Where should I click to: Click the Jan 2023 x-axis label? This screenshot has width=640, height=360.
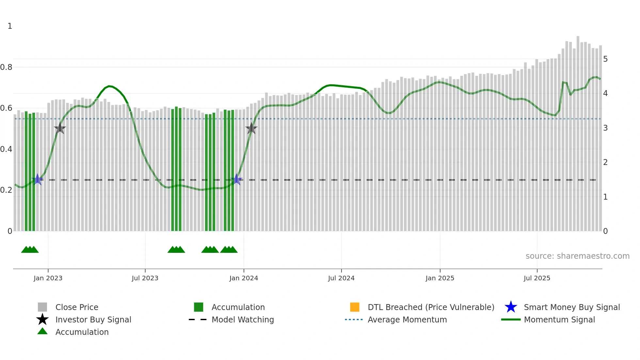(48, 278)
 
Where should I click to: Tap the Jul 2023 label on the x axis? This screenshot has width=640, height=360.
(145, 278)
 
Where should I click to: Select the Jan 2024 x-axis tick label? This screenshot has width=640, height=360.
(244, 278)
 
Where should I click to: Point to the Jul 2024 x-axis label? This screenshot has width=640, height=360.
(341, 278)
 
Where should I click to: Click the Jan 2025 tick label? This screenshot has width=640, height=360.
(440, 278)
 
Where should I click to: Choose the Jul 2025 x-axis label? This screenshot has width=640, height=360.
(537, 278)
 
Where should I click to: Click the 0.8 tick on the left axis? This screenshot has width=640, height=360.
(6, 67)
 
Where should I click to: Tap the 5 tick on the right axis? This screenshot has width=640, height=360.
(605, 59)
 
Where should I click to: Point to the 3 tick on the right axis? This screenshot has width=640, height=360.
(605, 128)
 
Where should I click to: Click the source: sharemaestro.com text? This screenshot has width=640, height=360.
(577, 256)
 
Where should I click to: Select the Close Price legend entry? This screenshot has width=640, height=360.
(77, 307)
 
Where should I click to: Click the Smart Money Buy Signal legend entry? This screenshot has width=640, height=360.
(572, 307)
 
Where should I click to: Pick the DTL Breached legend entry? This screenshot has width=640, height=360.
(431, 307)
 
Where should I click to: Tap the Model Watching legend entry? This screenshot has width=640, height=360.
(243, 319)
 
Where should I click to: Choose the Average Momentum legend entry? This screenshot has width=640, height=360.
(407, 319)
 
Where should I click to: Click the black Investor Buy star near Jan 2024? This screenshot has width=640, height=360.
(251, 128)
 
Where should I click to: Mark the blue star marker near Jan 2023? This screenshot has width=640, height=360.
(38, 179)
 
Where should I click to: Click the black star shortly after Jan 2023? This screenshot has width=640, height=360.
(60, 128)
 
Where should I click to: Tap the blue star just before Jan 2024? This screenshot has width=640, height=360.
(236, 179)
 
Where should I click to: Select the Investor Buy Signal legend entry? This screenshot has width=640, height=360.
(93, 319)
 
